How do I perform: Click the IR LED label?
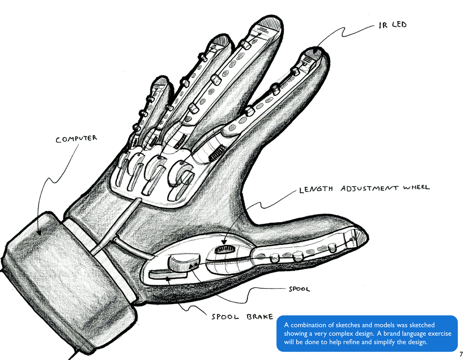[392, 25]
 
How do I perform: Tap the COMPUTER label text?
[76, 138]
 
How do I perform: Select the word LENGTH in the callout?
[316, 189]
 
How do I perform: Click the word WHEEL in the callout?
[416, 188]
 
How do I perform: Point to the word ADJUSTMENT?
[369, 188]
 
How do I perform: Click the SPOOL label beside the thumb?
[299, 289]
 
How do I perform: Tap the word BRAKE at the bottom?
[260, 317]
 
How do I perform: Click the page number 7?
[461, 355]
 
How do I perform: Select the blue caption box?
[367, 333]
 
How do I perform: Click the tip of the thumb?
[361, 236]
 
